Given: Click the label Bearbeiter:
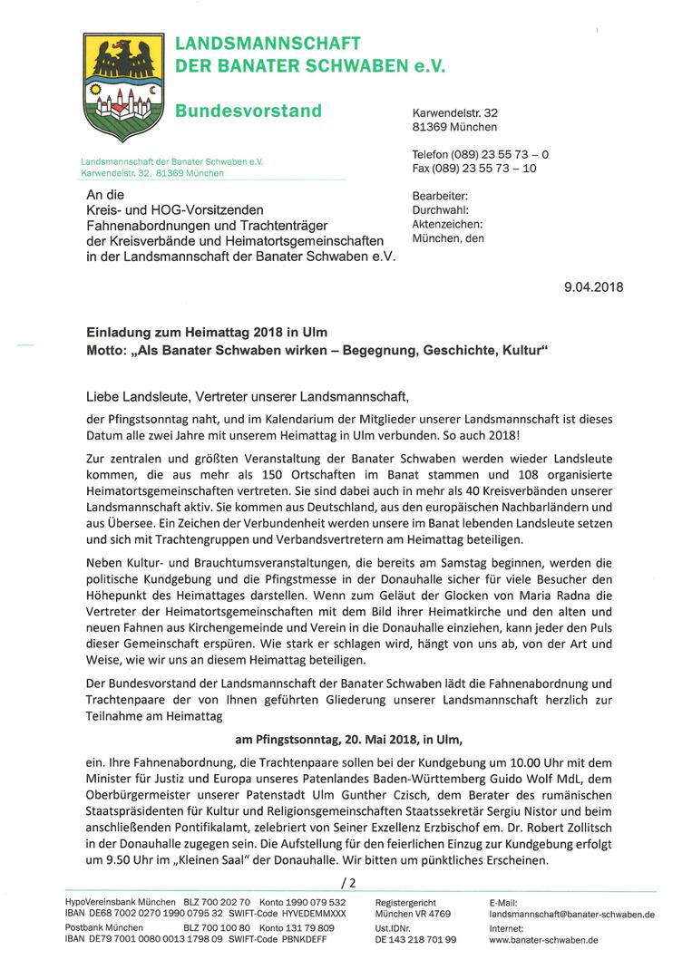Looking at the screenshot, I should click(440, 196).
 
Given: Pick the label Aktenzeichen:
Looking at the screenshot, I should click(447, 224).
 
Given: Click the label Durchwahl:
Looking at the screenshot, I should click(440, 209).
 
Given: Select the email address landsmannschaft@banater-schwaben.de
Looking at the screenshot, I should click(571, 916).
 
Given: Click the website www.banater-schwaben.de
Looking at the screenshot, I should click(543, 941).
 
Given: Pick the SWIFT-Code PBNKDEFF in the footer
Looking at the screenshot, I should click(287, 941).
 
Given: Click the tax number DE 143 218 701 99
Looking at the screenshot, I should click(415, 941).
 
